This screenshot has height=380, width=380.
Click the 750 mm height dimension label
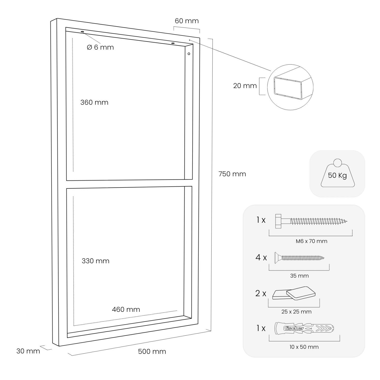[232, 174]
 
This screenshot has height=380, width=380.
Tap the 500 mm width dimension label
[152, 351]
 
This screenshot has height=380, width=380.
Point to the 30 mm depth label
[28, 351]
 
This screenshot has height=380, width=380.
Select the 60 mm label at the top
[187, 21]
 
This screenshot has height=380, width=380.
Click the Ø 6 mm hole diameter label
[100, 47]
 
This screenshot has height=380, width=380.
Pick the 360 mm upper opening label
[94, 102]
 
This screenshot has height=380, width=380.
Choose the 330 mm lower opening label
[96, 261]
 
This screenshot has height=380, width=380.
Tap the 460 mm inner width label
[126, 309]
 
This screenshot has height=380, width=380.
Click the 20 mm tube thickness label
[245, 86]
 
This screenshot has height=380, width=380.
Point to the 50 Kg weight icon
[337, 175]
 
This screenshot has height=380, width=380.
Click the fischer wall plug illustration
[304, 328]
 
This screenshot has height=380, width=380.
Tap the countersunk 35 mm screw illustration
[299, 258]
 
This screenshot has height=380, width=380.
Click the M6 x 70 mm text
[311, 241]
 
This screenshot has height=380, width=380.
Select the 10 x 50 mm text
[304, 347]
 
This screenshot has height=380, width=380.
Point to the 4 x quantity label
[261, 258]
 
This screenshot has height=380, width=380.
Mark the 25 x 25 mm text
[296, 312]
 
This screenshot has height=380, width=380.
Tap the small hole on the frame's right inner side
[189, 54]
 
